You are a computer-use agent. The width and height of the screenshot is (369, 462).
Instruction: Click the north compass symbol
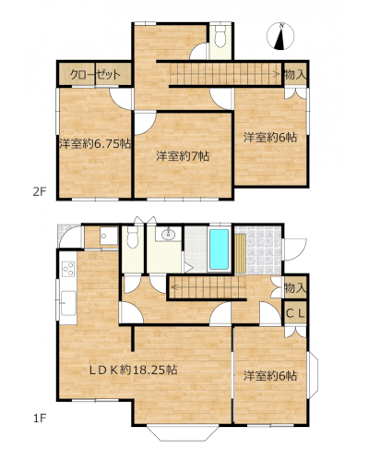(x=280, y=36)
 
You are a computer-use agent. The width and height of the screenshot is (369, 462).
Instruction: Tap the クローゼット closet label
(x=95, y=75)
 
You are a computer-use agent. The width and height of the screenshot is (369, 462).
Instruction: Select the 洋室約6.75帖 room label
(x=95, y=144)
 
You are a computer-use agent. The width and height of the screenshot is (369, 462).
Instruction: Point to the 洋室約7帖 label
(x=183, y=156)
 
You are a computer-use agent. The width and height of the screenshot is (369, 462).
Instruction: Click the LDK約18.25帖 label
(x=134, y=370)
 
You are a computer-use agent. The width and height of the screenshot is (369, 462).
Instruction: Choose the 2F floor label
(x=40, y=192)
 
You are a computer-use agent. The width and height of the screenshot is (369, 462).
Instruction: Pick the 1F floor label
(x=40, y=419)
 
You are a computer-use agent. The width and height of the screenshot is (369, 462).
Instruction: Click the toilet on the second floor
(x=220, y=36)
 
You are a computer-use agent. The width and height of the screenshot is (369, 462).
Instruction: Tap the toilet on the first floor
(x=133, y=237)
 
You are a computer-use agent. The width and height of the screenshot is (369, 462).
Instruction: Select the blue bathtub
(x=219, y=249)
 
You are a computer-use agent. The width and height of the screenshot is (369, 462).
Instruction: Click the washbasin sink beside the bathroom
(x=168, y=235)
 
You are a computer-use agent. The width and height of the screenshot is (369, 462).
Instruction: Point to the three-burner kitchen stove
(x=68, y=269)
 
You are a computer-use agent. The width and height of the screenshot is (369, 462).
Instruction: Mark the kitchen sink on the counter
(x=68, y=303)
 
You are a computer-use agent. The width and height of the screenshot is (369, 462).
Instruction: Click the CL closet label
(x=295, y=313)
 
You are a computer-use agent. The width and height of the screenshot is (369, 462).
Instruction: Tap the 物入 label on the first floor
(x=295, y=288)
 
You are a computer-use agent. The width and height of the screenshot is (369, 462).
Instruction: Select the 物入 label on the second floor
(x=295, y=75)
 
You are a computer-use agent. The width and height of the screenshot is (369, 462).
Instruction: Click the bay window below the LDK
(x=183, y=433)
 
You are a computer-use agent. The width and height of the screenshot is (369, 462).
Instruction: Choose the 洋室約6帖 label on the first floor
(x=270, y=376)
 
